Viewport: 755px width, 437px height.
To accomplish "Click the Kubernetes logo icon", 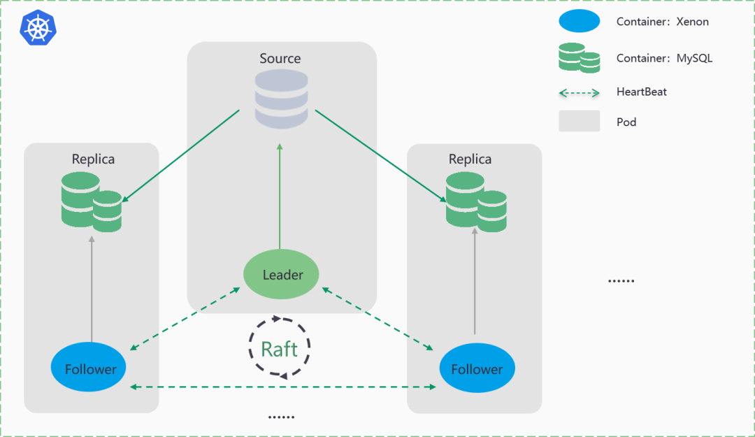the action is click(38, 27).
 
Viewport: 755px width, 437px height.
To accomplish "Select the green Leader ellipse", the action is click(281, 274).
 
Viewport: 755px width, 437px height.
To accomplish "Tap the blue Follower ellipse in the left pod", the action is click(89, 367).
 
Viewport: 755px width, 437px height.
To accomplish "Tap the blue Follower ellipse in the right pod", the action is click(477, 368).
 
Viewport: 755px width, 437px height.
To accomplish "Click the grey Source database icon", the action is click(281, 99).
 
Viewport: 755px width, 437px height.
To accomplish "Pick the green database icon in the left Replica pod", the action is click(92, 202).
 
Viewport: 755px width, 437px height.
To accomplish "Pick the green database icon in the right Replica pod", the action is click(476, 202).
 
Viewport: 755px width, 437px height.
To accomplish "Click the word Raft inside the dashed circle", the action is click(279, 350).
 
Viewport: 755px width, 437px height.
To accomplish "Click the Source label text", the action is click(280, 58).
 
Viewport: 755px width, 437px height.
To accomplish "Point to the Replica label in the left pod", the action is click(93, 159).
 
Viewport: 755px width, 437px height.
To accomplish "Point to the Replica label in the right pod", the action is click(470, 159).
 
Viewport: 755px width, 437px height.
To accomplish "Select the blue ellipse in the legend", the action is click(580, 21).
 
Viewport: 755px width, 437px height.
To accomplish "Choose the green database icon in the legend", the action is click(580, 58).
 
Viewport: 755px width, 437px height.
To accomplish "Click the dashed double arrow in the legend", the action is click(580, 93).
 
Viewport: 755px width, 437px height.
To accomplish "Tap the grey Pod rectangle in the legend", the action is click(580, 121).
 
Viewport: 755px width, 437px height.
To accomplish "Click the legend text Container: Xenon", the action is click(663, 22).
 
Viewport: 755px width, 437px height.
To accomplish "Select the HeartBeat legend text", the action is click(642, 92).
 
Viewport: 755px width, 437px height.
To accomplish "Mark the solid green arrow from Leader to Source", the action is click(280, 196).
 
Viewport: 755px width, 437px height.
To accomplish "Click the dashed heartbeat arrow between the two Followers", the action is click(283, 387).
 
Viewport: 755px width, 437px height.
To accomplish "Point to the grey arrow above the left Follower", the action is click(92, 289).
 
